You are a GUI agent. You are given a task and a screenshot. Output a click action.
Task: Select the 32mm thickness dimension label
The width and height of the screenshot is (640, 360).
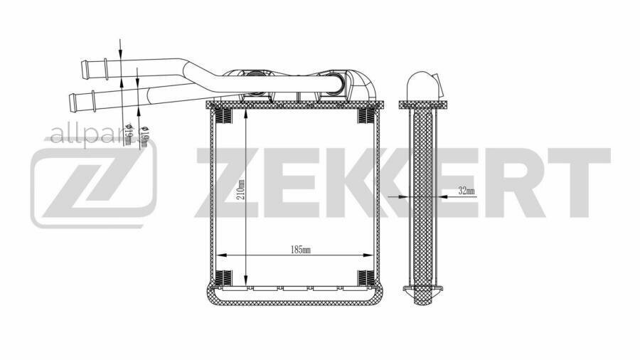466,191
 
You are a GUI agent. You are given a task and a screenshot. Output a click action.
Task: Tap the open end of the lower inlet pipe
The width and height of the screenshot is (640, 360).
72,100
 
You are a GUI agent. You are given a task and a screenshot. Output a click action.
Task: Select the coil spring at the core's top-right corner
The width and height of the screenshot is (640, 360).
366,115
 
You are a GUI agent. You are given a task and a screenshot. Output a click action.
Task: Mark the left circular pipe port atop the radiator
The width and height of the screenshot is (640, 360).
255,81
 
